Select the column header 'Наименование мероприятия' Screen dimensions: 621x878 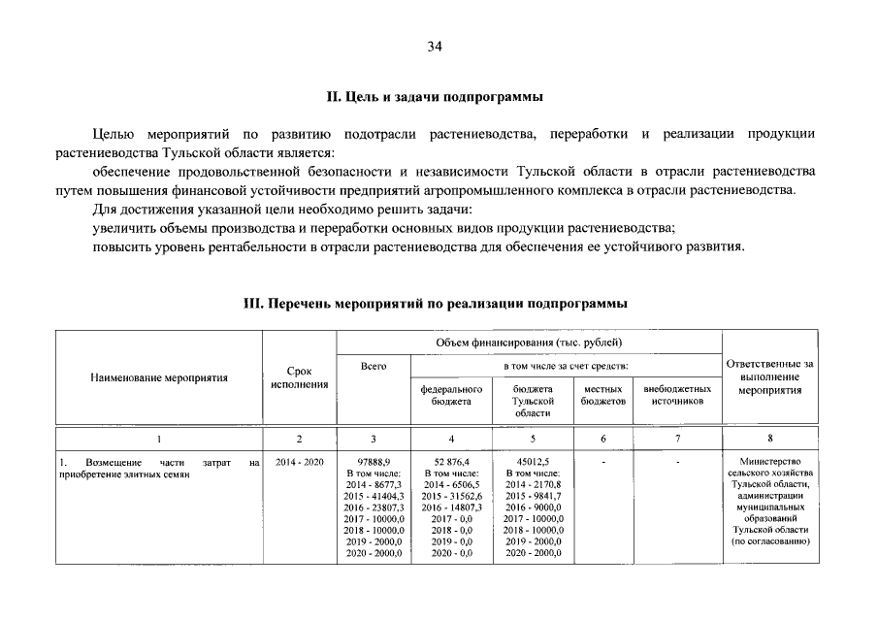[x=159, y=377]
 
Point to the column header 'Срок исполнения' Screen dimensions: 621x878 [x=299, y=377]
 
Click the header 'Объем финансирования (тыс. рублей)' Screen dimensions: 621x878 [x=529, y=343]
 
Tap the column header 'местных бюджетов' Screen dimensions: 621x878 [x=603, y=395]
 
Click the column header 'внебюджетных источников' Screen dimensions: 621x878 [x=677, y=395]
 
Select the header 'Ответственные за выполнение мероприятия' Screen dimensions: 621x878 [x=770, y=376]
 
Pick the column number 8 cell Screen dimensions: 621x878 [x=770, y=439]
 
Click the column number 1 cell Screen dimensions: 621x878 [x=159, y=439]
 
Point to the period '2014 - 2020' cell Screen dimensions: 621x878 [x=299, y=462]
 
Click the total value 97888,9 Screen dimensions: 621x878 [x=374, y=462]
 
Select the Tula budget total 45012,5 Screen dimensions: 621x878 [x=533, y=462]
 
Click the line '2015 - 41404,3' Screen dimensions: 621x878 [x=374, y=496]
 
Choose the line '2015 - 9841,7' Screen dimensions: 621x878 [x=533, y=496]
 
